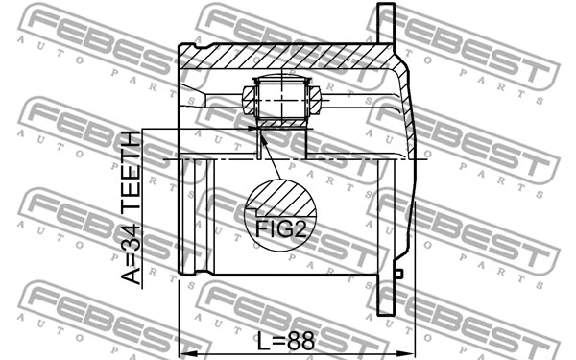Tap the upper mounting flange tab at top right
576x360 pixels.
tap(387, 24)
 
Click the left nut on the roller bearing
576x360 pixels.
tap(247, 97)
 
